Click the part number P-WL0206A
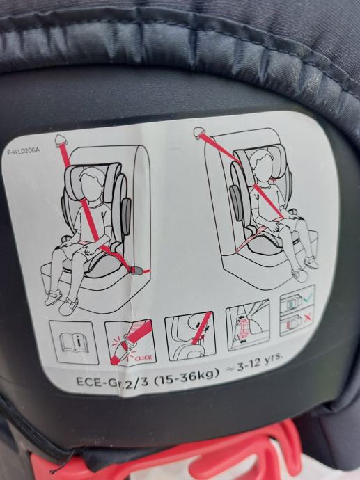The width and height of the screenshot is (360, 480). pyautogui.click(x=24, y=151)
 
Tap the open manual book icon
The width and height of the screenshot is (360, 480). pyautogui.click(x=74, y=342)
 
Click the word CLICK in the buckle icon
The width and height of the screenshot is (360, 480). pyautogui.click(x=143, y=357)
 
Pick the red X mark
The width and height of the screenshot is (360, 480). pyautogui.click(x=308, y=319)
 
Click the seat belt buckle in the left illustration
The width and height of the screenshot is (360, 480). pyautogui.click(x=138, y=271)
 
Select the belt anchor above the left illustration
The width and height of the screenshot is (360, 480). pyautogui.click(x=61, y=140)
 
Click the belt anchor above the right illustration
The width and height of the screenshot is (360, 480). pyautogui.click(x=201, y=133)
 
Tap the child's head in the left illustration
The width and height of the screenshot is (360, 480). pyautogui.click(x=91, y=184)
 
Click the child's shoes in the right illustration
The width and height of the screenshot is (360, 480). pyautogui.click(x=305, y=269)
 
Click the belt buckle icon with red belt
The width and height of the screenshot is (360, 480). pyautogui.click(x=131, y=342)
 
